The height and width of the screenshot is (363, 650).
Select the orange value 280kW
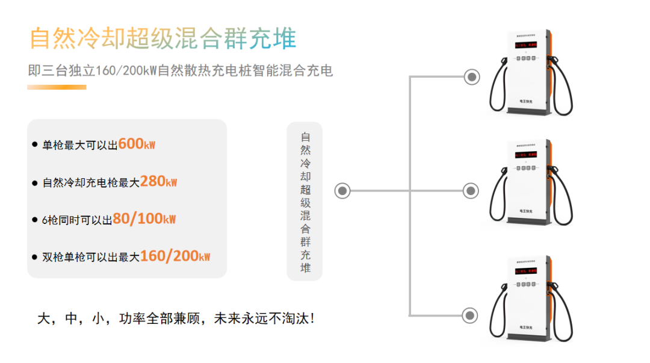[158, 182]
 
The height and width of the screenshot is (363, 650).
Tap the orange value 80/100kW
[144, 219]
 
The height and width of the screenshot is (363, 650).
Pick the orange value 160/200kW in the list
[175, 256]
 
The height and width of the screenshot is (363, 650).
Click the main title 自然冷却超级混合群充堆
[163, 38]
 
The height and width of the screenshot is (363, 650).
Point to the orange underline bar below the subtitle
[57, 87]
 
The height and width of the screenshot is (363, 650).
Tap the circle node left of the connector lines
[342, 191]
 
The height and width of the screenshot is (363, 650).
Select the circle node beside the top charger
[472, 77]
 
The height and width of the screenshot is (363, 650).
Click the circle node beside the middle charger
[471, 191]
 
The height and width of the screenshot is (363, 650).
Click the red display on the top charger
[526, 45]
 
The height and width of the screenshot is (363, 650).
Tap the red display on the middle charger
[526, 155]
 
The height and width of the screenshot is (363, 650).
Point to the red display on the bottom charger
[526, 271]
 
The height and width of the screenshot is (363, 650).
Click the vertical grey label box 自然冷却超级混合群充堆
[305, 201]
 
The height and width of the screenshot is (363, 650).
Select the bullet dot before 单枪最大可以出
[34, 145]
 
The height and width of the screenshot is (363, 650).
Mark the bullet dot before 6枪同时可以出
[34, 220]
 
